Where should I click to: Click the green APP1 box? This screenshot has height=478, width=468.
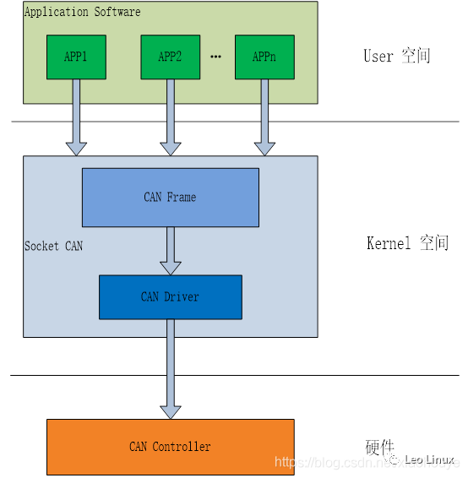(x=76, y=57)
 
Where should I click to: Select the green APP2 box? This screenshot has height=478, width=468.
(x=170, y=57)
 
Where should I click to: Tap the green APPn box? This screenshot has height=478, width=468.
(x=264, y=57)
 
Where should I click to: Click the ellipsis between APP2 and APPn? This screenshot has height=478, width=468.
(x=215, y=57)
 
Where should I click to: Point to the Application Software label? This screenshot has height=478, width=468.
(x=82, y=12)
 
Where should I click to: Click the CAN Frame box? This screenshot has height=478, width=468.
(x=170, y=197)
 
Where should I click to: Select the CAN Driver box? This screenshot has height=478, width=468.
(x=170, y=296)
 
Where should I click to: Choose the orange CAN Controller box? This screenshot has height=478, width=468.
(x=170, y=446)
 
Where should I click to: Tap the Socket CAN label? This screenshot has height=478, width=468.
(x=53, y=246)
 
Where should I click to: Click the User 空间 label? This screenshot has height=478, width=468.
(x=396, y=57)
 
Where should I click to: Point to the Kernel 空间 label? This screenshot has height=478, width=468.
(x=407, y=243)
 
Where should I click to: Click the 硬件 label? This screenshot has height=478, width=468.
(x=379, y=448)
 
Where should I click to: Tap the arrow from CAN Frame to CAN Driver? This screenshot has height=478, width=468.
(x=170, y=250)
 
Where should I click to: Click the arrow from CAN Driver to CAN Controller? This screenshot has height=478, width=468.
(x=170, y=368)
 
